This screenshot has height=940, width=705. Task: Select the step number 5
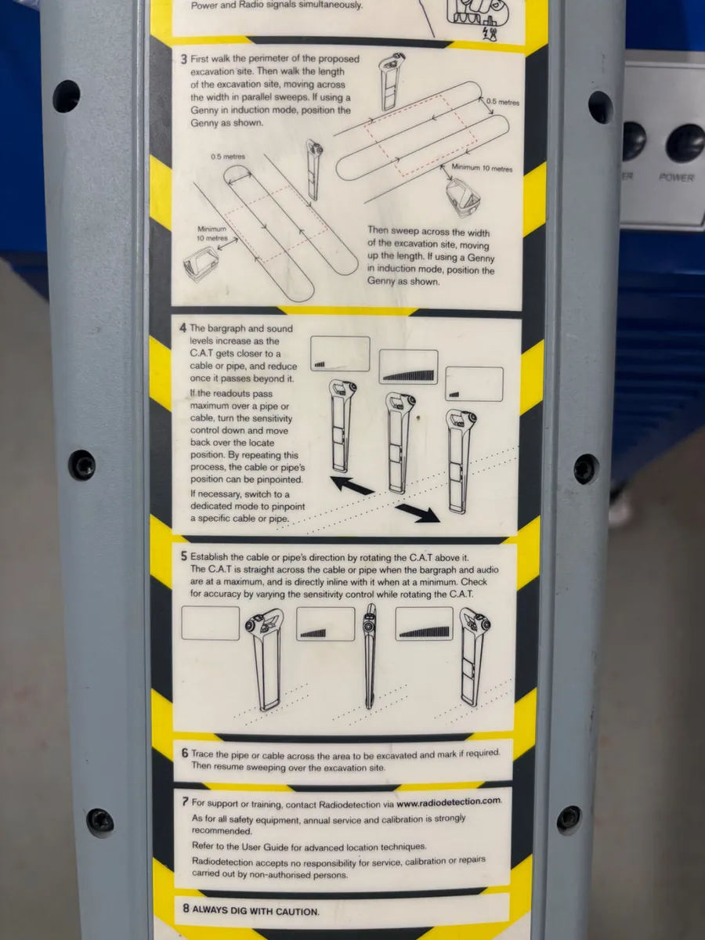click(x=183, y=557)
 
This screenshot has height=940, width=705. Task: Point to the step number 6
click(x=185, y=754)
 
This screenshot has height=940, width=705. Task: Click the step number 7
click(x=185, y=802)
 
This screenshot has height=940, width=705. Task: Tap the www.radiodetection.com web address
click(x=447, y=801)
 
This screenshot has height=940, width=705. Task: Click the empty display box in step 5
click(x=210, y=624)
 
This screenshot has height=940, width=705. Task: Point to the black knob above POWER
click(x=684, y=142)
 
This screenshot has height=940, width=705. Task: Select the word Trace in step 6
click(x=205, y=754)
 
